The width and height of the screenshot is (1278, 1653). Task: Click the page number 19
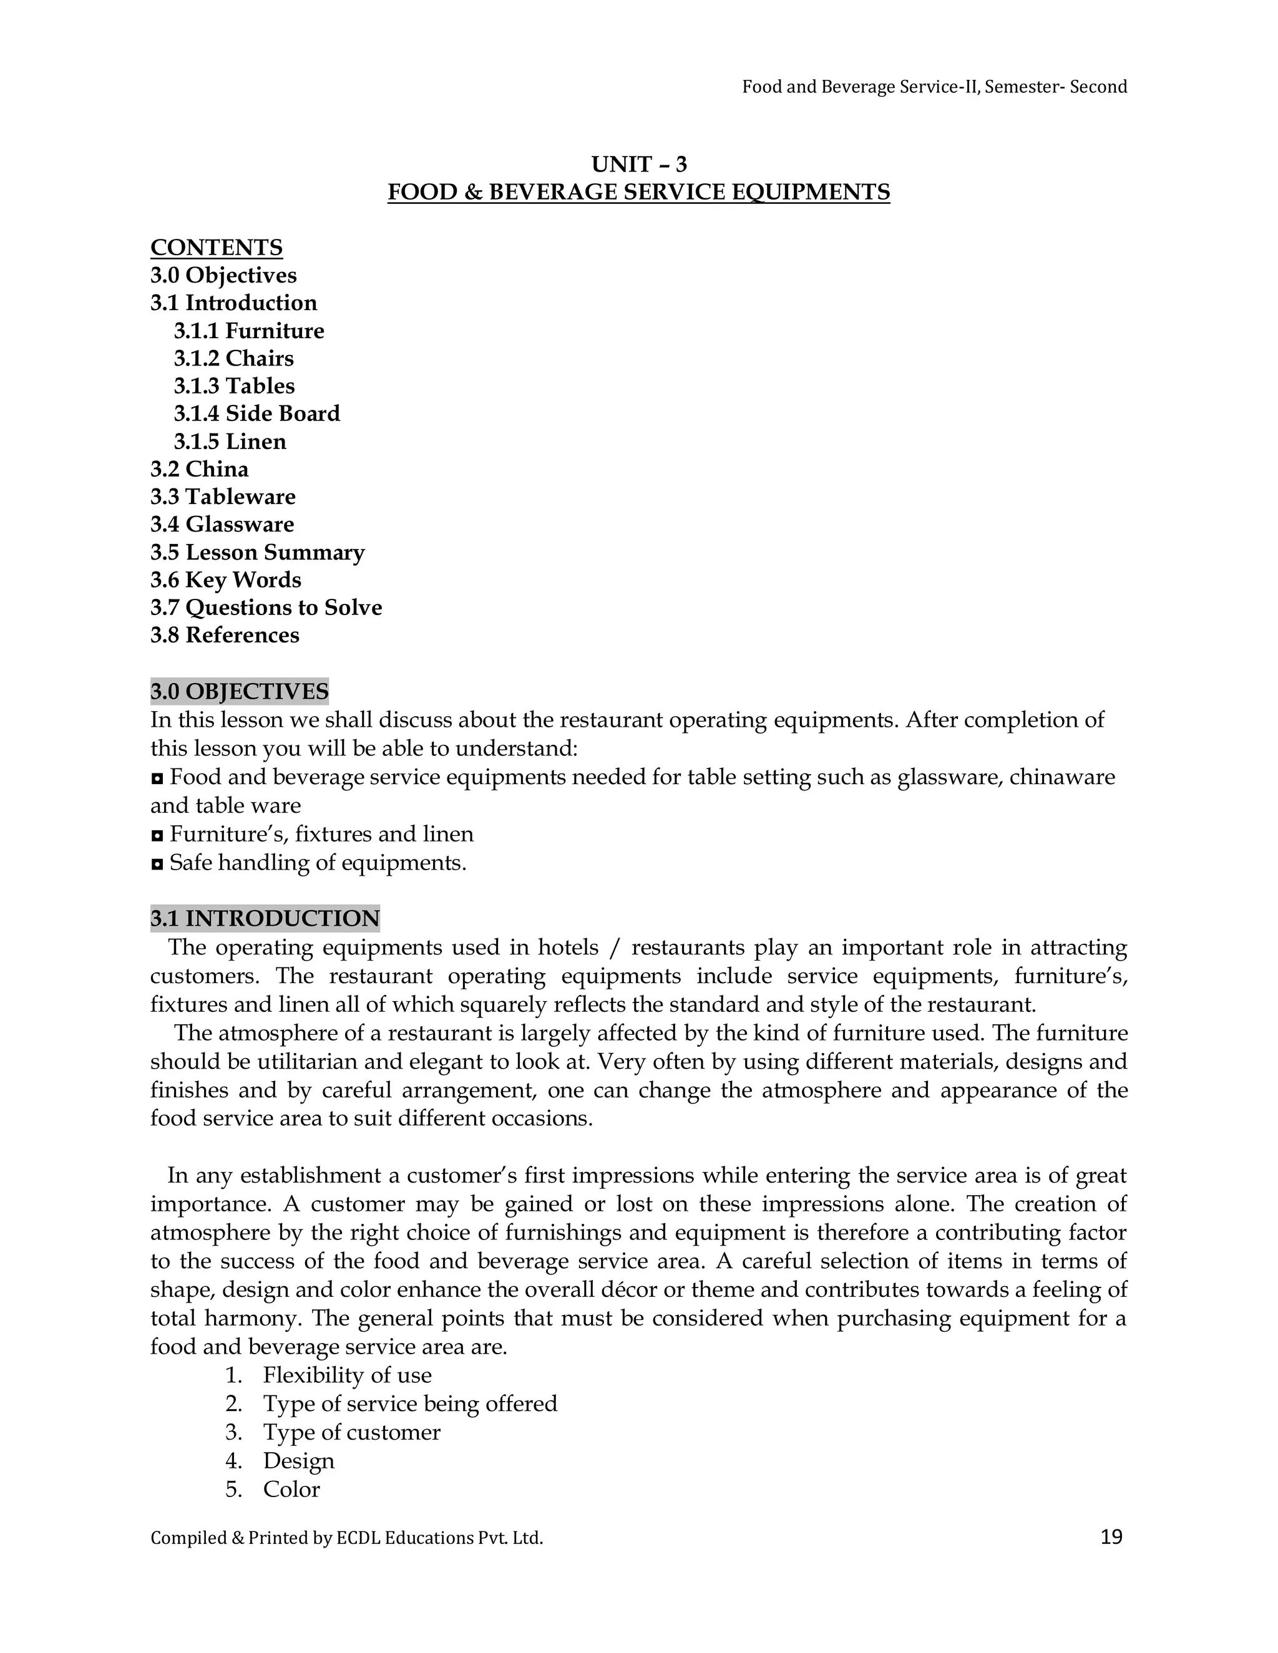(1111, 1536)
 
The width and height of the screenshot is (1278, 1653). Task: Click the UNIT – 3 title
(639, 164)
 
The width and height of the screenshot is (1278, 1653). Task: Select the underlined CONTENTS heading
(217, 248)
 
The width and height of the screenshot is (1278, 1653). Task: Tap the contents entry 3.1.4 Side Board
(256, 413)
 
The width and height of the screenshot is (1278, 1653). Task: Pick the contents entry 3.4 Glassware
(222, 524)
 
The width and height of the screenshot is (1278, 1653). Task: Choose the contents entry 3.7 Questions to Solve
(266, 607)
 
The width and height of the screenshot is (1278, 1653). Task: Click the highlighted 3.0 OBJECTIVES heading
(239, 691)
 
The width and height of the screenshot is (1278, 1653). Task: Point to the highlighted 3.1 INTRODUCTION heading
(265, 918)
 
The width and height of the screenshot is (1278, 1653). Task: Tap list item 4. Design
(298, 1461)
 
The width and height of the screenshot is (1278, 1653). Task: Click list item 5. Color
(291, 1490)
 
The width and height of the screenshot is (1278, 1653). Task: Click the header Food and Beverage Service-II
(934, 87)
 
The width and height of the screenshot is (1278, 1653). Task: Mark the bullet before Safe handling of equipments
(157, 863)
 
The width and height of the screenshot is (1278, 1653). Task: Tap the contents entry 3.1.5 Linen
(230, 441)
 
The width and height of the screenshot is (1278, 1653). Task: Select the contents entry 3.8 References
(225, 635)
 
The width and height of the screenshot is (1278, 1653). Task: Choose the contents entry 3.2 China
(199, 469)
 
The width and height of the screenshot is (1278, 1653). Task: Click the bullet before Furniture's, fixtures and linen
(157, 835)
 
